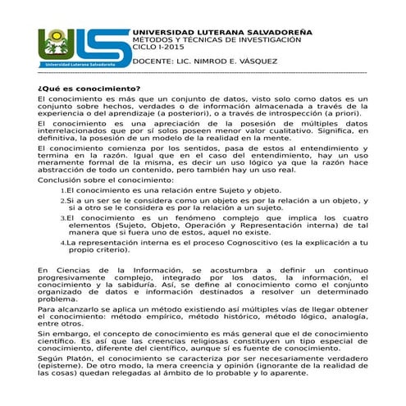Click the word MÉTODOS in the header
[153, 39]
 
